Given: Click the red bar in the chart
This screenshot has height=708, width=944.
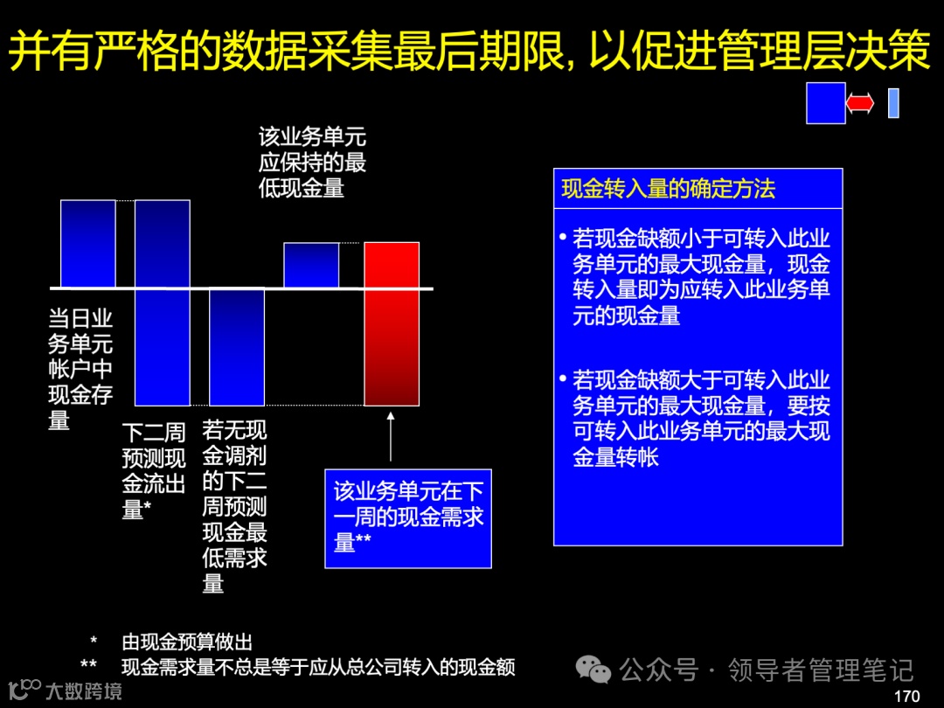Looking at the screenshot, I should [392, 323].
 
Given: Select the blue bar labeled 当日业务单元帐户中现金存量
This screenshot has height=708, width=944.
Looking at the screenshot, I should [87, 244].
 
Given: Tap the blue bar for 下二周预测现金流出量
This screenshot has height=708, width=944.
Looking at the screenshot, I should [163, 302].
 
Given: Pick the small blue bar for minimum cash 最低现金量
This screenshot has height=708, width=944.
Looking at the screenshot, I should [311, 265].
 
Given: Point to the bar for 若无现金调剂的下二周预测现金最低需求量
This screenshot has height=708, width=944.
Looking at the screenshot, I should [237, 347].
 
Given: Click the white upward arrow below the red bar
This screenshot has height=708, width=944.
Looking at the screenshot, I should [391, 436].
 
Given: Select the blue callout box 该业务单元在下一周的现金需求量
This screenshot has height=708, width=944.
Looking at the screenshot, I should [408, 517].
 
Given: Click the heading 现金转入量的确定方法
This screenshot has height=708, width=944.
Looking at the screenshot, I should [669, 189].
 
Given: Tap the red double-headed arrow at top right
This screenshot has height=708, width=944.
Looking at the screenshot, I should [860, 103].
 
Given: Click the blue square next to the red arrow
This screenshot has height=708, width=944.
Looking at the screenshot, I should [825, 103].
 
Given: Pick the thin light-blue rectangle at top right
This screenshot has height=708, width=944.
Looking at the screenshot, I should [893, 103].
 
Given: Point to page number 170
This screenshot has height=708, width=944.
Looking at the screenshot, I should [907, 696].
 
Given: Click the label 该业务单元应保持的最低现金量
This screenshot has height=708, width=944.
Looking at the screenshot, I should [312, 162].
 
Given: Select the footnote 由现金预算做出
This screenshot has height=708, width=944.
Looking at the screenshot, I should [187, 642].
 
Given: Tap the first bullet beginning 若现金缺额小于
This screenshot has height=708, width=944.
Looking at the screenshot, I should [695, 277].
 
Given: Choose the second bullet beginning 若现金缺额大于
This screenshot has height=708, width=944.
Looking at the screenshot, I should [695, 419].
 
